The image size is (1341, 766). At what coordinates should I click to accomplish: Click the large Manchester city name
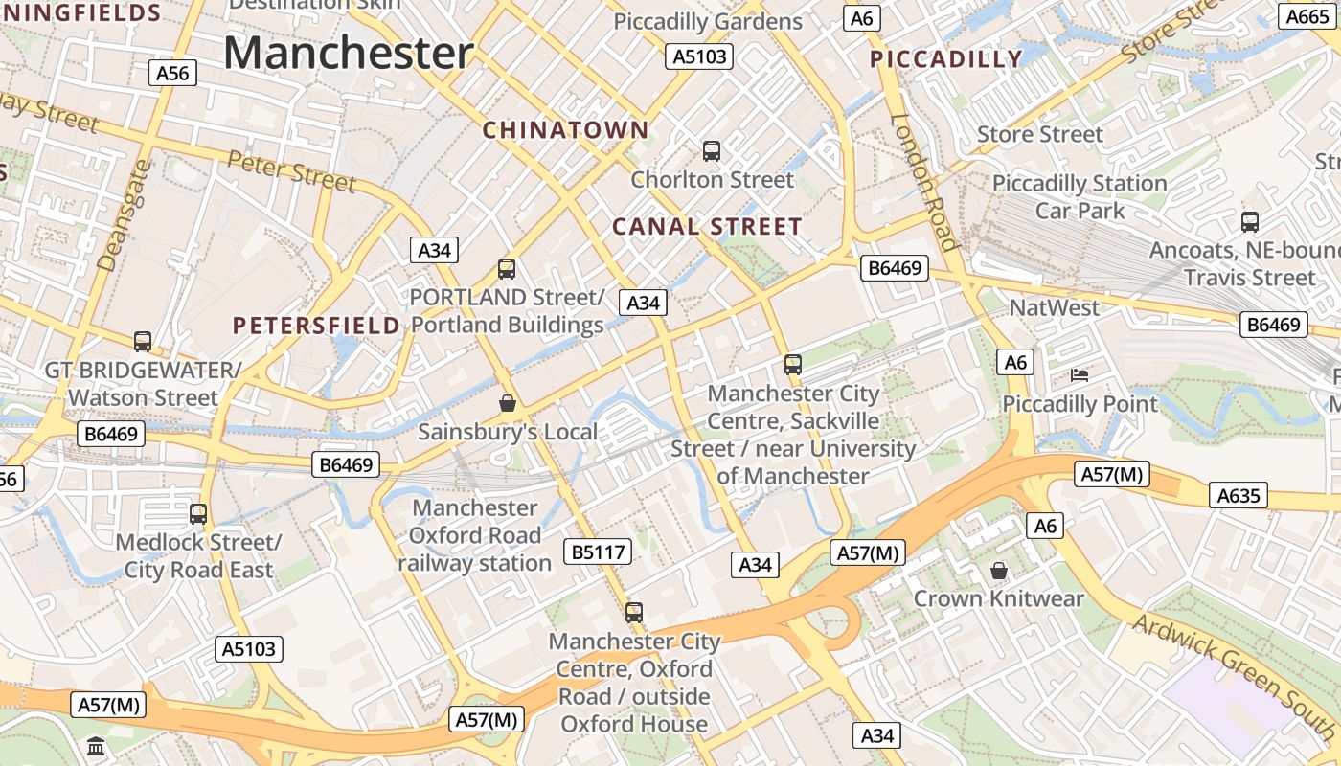tap(349, 53)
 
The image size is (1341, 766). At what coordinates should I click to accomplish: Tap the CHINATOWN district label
tap(565, 129)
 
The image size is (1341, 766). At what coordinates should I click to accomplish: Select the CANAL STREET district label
tap(707, 227)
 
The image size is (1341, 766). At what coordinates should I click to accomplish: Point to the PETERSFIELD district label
tap(316, 326)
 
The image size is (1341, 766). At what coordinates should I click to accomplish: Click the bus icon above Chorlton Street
tap(711, 150)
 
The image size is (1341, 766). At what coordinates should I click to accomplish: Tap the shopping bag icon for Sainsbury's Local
tap(508, 403)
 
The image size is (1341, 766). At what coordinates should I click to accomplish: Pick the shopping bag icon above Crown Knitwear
tap(999, 571)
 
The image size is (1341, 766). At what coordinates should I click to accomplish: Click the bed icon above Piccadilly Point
tap(1080, 375)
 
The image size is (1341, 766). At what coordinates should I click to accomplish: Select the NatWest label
tap(1055, 307)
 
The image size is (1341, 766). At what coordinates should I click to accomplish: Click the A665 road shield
tap(1307, 16)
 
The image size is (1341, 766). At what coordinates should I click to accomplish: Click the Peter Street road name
tap(292, 171)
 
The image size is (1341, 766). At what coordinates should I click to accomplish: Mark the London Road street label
tap(924, 182)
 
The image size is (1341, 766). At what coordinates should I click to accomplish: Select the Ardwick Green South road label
tap(1236, 681)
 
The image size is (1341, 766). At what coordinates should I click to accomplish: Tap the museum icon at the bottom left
tap(96, 746)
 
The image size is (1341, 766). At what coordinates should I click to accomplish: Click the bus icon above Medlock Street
tap(198, 513)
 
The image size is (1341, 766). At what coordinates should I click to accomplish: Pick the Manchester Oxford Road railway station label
tap(475, 535)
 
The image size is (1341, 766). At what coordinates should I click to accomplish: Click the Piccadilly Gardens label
tap(708, 21)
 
